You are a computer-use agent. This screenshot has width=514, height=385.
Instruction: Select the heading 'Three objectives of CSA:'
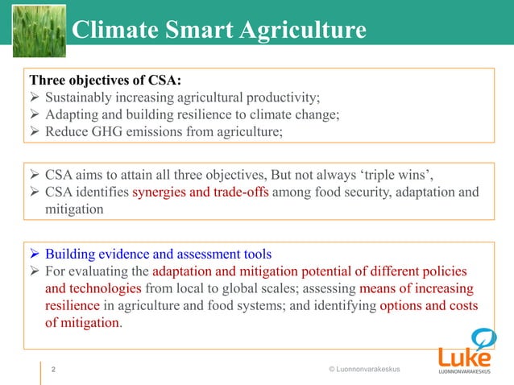[x=106, y=81]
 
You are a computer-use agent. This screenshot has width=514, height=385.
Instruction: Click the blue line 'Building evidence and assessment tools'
[x=158, y=251]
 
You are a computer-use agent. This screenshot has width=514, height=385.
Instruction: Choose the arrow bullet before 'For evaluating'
[x=35, y=271]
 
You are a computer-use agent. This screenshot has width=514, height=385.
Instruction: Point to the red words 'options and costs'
[x=429, y=307]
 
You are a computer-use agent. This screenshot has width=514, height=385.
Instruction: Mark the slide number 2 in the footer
[x=53, y=370]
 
